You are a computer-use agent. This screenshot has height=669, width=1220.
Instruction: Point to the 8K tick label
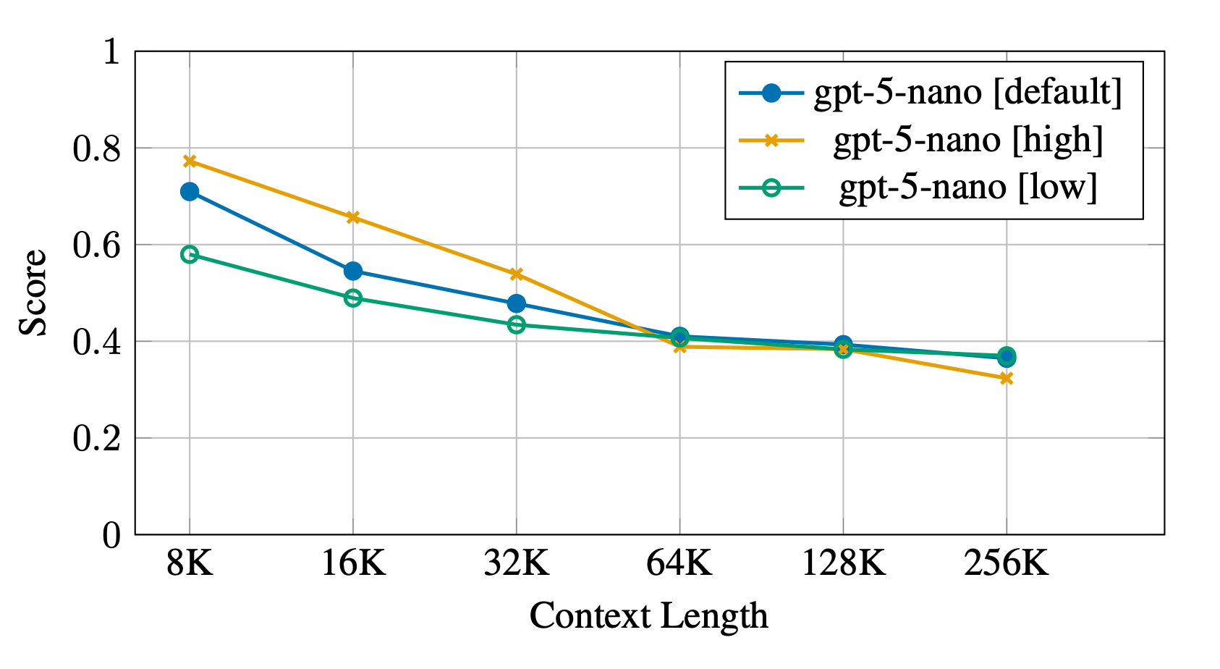190,563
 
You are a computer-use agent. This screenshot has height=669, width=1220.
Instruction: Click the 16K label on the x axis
353,563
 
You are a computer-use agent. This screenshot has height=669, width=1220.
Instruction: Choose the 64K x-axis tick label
679,563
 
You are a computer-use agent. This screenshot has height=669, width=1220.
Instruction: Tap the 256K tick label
1006,563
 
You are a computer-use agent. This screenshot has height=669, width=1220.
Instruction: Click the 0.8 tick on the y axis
96,148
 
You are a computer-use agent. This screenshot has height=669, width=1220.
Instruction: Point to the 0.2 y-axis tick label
96,439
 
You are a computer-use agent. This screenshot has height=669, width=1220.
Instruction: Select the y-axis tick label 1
111,52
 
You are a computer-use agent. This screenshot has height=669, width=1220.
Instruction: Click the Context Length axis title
648,617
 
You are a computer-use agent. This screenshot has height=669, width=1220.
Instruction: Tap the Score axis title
33,293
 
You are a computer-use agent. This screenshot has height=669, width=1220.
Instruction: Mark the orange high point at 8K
190,161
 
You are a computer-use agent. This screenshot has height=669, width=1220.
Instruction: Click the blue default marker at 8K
190,192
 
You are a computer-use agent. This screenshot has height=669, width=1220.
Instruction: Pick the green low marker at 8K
190,254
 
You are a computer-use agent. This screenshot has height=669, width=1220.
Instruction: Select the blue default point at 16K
353,272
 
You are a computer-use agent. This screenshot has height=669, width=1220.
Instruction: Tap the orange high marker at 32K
516,274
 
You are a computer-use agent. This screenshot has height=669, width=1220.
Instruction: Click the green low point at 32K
516,324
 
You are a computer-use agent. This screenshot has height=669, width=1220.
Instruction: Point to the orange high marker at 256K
1006,378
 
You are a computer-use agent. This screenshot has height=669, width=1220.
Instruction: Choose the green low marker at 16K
353,298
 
